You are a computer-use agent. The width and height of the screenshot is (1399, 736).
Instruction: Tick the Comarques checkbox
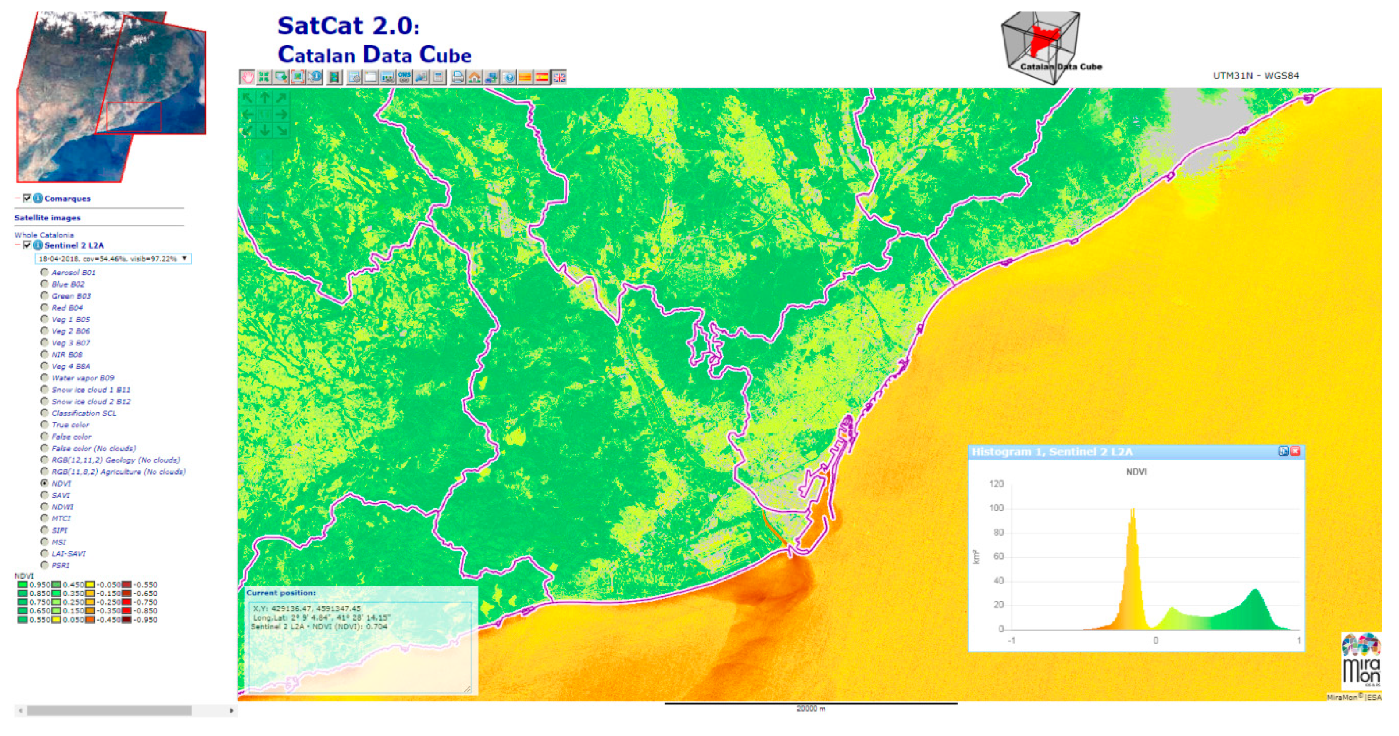(27, 198)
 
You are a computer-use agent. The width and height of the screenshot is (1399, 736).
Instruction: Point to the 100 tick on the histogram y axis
(996, 508)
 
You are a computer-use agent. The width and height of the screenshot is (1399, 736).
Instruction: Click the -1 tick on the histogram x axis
(1011, 640)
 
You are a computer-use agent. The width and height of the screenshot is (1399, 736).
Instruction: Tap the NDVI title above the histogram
(1136, 471)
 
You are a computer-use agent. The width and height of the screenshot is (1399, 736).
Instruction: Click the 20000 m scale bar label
(810, 708)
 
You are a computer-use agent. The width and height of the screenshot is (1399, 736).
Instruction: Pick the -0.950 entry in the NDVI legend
(146, 619)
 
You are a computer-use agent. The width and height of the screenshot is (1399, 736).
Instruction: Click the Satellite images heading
(47, 217)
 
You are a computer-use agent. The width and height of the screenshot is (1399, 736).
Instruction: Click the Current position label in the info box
(281, 593)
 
